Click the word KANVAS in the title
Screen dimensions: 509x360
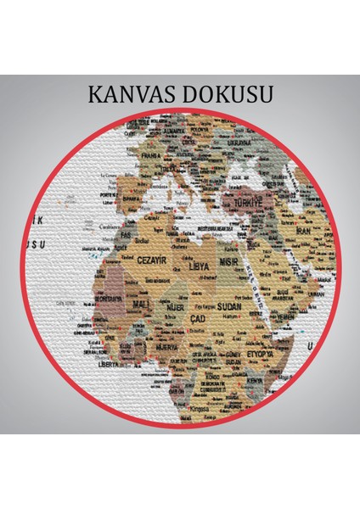click(133, 92)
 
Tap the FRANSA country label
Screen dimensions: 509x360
click(152, 156)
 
